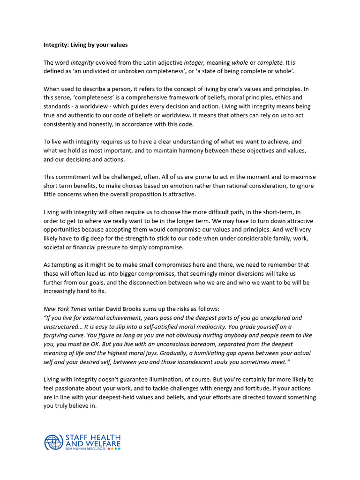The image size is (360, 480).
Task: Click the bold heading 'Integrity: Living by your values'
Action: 85,45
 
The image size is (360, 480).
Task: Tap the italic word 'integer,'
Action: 194,62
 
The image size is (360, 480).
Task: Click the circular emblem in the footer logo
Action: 53,442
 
